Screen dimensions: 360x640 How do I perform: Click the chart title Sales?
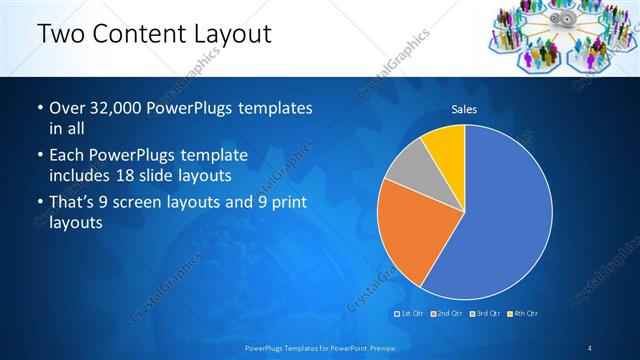pos(464,109)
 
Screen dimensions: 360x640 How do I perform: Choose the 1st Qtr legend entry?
pos(411,314)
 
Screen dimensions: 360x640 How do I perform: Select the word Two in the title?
pos(59,35)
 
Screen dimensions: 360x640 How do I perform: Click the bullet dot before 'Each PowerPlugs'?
pos(38,156)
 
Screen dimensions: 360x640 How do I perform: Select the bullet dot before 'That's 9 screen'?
pos(38,203)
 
